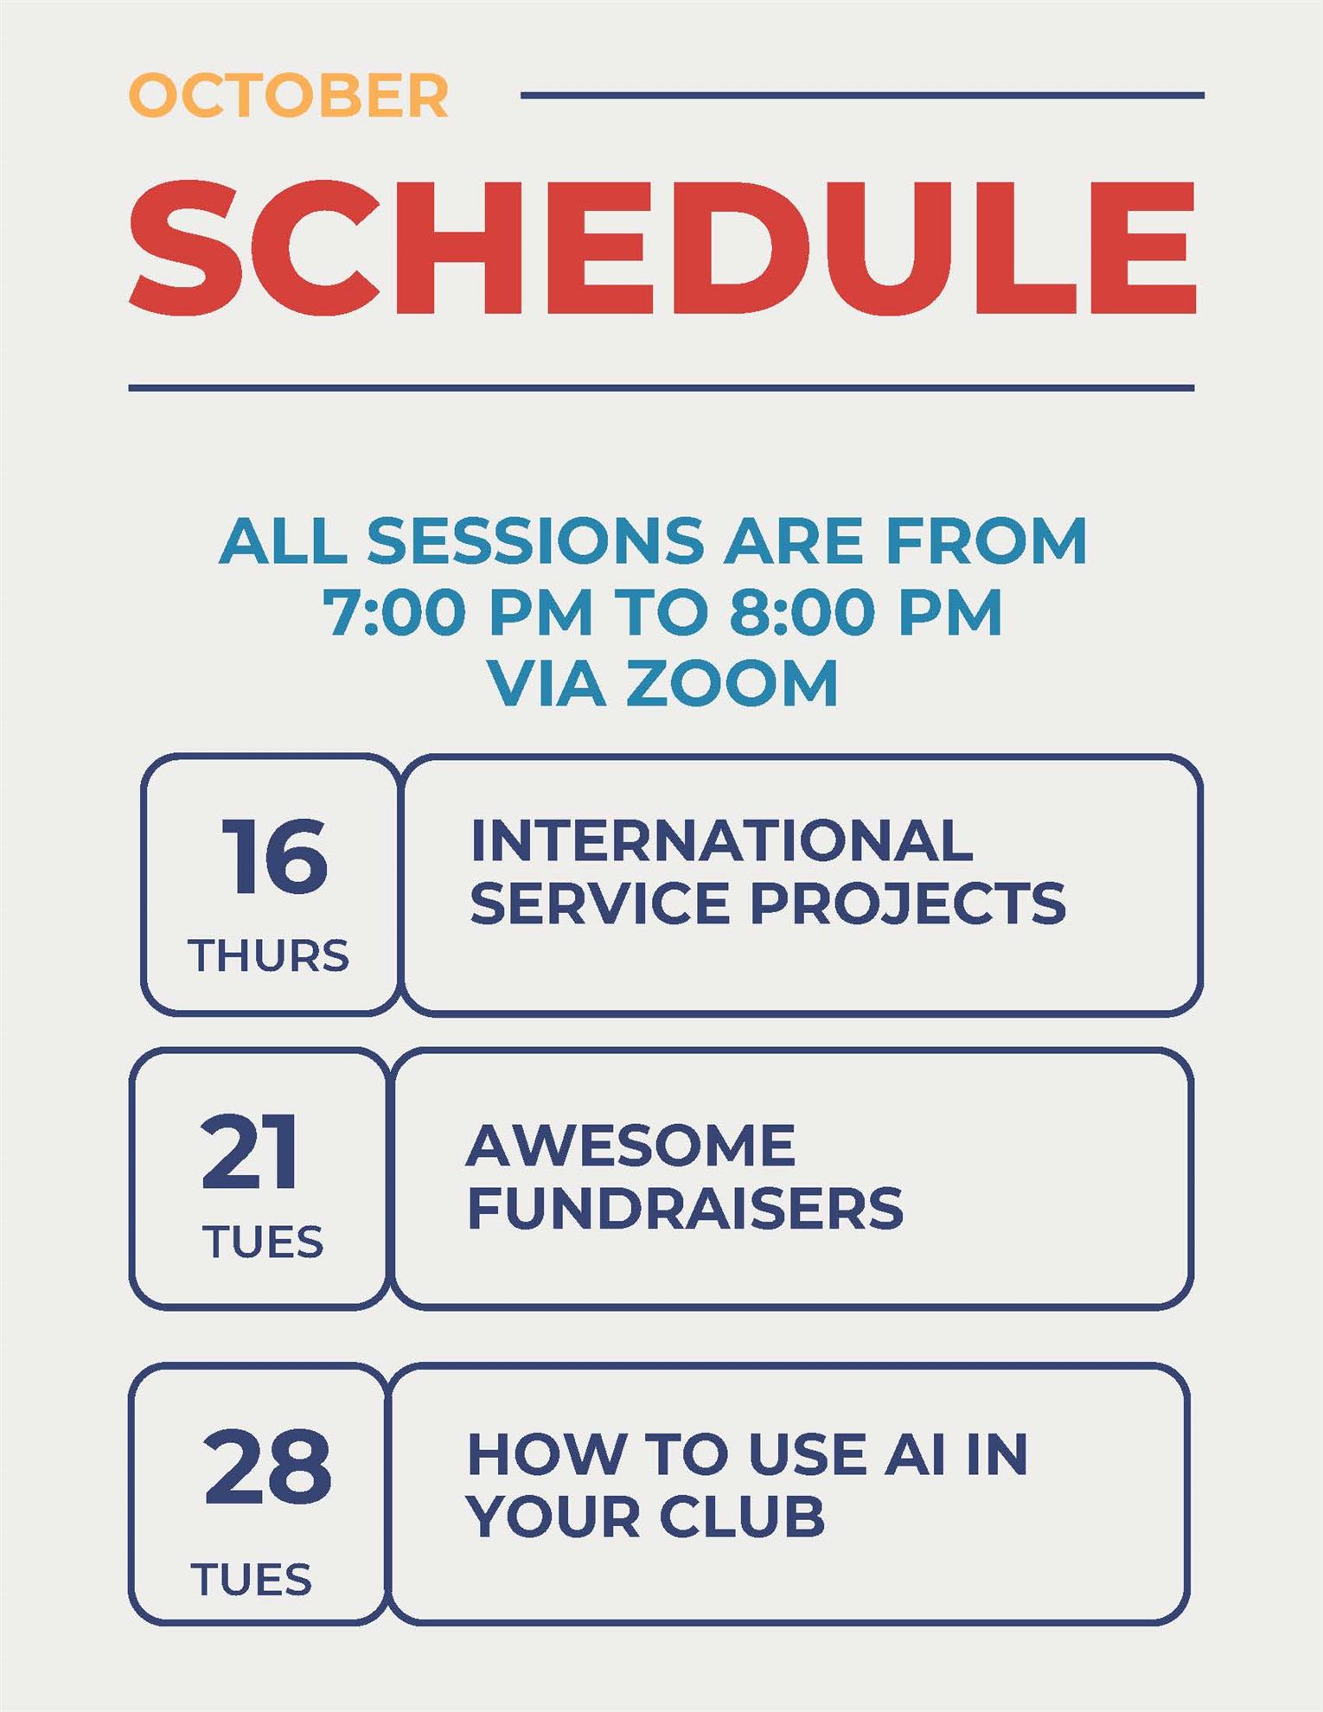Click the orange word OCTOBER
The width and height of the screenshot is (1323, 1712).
click(289, 95)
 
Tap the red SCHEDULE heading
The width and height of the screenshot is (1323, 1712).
click(662, 247)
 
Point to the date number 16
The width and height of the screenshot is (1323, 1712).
click(275, 856)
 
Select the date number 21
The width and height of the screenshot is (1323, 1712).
click(250, 1151)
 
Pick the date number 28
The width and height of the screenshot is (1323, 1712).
click(267, 1466)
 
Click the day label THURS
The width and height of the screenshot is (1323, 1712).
click(268, 956)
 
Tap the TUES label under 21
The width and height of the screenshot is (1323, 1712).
click(263, 1242)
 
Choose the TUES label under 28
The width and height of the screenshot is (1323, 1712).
click(251, 1580)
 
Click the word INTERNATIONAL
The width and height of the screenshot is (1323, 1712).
click(722, 840)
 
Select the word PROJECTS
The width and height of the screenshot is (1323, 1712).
click(908, 904)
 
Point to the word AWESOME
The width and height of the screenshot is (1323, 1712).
click(630, 1146)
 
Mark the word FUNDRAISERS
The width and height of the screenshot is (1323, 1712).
click(686, 1208)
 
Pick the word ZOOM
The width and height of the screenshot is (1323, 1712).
click(732, 683)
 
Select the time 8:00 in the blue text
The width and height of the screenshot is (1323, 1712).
click(802, 611)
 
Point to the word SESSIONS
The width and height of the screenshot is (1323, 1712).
click(536, 540)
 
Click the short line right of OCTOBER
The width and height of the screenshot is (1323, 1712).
click(862, 95)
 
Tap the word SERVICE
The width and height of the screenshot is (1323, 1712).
click(600, 904)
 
